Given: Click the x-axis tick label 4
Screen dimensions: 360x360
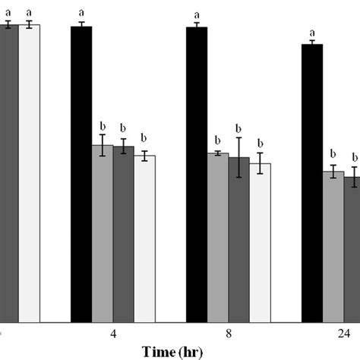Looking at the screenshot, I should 112,334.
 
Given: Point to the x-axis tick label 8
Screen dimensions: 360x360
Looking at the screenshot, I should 229,334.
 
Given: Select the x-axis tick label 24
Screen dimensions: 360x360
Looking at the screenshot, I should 344,334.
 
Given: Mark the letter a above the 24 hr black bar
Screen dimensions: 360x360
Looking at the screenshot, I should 312,33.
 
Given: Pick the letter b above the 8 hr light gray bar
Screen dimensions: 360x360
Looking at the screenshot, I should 218,141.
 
